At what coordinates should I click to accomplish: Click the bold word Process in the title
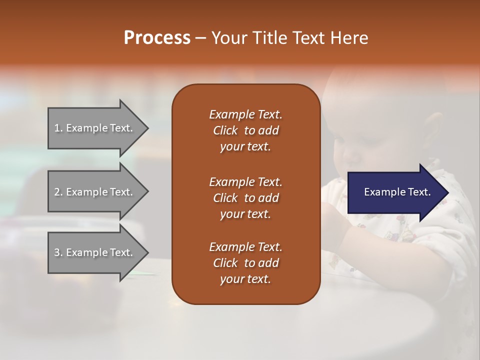[x=157, y=38]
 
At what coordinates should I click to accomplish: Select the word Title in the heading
[x=268, y=38]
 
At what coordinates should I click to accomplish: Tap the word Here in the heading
[x=349, y=38]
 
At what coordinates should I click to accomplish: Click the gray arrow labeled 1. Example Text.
[x=98, y=128]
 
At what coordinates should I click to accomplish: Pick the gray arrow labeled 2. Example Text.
[x=98, y=191]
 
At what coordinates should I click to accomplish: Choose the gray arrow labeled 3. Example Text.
[x=98, y=252]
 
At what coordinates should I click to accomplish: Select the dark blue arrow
[x=398, y=192]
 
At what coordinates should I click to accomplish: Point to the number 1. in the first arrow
[x=58, y=128]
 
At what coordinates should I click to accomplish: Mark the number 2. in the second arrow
[x=59, y=192]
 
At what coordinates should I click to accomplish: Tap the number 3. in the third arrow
[x=59, y=252]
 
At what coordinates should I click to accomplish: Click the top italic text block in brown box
[x=246, y=130]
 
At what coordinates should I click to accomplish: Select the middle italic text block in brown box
[x=246, y=198]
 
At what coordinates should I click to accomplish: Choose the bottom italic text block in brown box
[x=246, y=262]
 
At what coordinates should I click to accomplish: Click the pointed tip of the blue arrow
[x=449, y=193]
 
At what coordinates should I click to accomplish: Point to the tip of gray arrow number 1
[x=149, y=128]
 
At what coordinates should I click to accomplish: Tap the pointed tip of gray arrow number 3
[x=149, y=253]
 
